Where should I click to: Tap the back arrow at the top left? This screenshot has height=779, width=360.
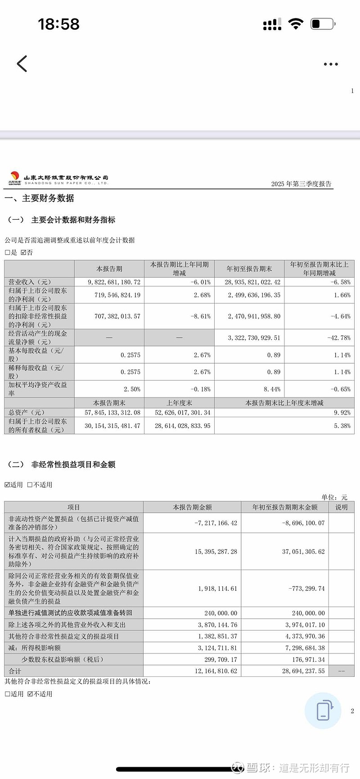[22, 64]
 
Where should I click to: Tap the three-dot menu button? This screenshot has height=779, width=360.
[331, 64]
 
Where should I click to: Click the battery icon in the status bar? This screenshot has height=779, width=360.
[322, 24]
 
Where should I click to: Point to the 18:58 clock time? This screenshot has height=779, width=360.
[58, 24]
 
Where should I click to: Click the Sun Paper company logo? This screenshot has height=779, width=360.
[14, 178]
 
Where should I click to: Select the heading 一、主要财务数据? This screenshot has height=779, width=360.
[39, 198]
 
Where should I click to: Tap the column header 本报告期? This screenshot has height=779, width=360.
[109, 269]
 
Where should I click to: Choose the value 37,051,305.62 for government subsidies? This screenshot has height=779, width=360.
[303, 551]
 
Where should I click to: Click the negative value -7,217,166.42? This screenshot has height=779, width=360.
[216, 523]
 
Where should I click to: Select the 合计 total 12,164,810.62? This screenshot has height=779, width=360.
[216, 671]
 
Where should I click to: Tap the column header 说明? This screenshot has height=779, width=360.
[341, 507]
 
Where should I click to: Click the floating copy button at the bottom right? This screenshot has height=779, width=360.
[323, 711]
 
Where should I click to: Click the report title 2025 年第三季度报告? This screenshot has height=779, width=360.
[301, 184]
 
